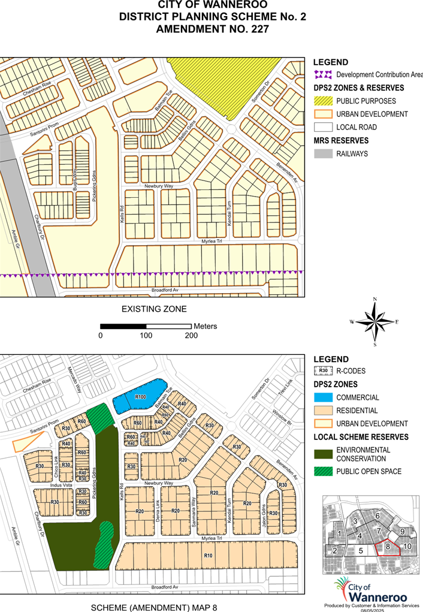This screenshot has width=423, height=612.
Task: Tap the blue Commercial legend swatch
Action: coord(324,397)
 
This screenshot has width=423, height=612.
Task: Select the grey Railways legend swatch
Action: coord(324,154)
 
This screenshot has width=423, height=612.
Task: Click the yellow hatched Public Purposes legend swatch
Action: coord(324,101)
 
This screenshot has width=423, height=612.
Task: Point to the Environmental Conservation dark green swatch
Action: coord(324,454)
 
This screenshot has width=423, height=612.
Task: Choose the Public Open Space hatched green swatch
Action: coord(324,472)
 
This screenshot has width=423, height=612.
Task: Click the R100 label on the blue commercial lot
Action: coord(141,397)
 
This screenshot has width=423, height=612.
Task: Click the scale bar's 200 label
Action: coord(191,335)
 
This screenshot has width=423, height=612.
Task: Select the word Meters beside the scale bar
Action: coord(206,326)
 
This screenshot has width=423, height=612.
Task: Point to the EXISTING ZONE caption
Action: coord(154,309)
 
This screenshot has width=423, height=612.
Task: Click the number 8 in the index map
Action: coord(388,547)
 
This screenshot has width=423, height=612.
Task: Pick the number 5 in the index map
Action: coord(361,550)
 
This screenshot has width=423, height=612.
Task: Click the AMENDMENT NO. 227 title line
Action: coord(212,28)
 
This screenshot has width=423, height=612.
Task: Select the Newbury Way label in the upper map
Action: coord(158,186)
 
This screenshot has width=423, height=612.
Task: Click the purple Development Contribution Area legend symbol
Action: coord(324,74)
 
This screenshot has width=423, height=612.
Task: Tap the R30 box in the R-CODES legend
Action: coord(324,371)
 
